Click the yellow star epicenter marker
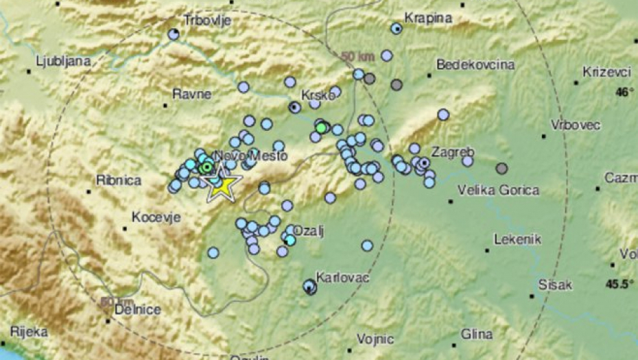click(222, 184)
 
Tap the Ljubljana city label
click(64, 61)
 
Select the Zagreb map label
click(454, 152)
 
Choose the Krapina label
click(429, 18)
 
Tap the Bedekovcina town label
click(475, 65)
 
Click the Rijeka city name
click(29, 332)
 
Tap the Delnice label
click(138, 310)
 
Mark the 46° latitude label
click(624, 92)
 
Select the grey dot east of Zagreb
click(502, 168)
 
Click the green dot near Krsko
click(320, 128)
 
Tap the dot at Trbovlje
click(174, 33)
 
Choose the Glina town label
click(477, 334)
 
